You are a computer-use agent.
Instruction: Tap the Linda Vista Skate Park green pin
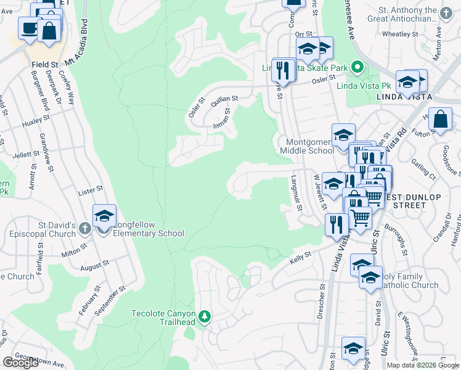pyautogui.click(x=357, y=67)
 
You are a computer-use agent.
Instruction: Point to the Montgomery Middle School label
pyautogui.click(x=307, y=146)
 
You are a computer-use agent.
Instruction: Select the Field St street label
pyautogui.click(x=46, y=64)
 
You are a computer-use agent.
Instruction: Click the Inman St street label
pyautogui.click(x=221, y=120)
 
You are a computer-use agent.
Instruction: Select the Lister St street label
pyautogui.click(x=90, y=192)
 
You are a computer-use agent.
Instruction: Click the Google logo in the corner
pyautogui.click(x=21, y=363)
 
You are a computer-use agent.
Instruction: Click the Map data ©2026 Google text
pyautogui.click(x=423, y=365)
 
